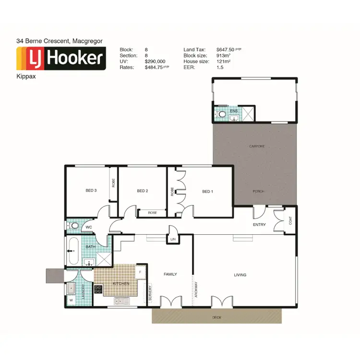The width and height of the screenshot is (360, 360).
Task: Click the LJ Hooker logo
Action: [x=61, y=59]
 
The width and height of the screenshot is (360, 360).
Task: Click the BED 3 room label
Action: [x=91, y=191]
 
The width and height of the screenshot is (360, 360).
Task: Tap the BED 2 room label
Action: [x=143, y=191]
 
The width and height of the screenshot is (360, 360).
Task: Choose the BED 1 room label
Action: [x=207, y=191]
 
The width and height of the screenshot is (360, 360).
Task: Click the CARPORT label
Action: [x=257, y=146]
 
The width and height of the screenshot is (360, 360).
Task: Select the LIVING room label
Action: [x=240, y=275]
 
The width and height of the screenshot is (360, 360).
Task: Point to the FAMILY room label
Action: [x=170, y=275]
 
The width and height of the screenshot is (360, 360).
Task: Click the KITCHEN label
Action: [x=121, y=284]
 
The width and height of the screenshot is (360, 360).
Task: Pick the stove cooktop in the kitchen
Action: [x=98, y=289]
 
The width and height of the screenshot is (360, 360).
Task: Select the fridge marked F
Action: [x=140, y=272]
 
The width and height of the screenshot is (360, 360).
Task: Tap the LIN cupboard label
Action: [x=173, y=239]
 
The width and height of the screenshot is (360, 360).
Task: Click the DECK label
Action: [x=216, y=317]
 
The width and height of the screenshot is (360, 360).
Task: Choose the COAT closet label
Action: [x=291, y=221]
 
